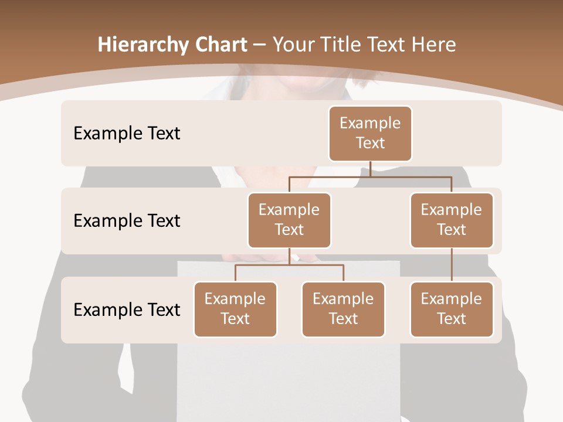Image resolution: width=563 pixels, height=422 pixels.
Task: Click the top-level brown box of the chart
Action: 370,133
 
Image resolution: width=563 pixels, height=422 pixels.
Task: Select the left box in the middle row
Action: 289,220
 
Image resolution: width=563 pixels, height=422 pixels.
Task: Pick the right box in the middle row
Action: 452,220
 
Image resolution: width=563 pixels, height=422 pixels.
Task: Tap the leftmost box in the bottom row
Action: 235,309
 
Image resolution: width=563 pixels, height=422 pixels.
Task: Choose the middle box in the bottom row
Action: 343,309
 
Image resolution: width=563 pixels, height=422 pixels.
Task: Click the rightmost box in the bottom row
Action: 452,309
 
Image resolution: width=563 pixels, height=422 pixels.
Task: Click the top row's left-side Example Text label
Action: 127,133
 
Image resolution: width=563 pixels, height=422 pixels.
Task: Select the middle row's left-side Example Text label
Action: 127,220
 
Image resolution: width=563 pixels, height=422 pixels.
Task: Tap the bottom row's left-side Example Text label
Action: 127,309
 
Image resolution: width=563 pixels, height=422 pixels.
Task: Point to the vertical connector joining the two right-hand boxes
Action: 452,265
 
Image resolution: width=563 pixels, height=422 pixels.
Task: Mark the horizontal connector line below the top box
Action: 370,176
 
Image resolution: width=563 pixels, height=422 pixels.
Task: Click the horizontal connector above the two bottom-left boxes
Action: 289,265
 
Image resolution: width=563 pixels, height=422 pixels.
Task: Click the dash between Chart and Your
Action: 259,45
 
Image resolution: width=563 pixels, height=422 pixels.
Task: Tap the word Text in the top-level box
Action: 370,143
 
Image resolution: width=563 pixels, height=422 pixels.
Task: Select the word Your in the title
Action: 293,45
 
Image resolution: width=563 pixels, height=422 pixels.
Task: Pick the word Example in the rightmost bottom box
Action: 452,299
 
